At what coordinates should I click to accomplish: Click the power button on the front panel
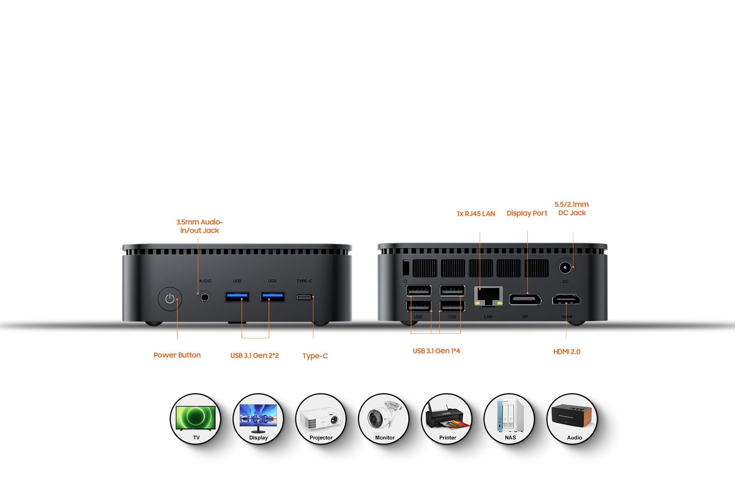click(x=170, y=299)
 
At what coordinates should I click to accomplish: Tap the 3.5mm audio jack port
click(x=205, y=297)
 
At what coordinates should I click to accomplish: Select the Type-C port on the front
click(x=304, y=297)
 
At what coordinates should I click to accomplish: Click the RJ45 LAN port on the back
click(x=488, y=296)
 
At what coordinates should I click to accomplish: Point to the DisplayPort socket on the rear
click(x=525, y=299)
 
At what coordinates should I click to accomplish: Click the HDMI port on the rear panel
click(x=566, y=299)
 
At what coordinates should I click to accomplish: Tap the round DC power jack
click(x=565, y=267)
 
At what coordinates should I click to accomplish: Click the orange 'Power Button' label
click(x=177, y=355)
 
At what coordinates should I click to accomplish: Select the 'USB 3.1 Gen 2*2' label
click(x=255, y=355)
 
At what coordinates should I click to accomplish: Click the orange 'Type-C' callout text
click(x=315, y=356)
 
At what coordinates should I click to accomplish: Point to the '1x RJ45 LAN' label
click(x=476, y=213)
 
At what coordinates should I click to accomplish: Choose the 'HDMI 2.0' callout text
click(x=566, y=351)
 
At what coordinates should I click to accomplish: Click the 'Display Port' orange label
click(x=527, y=213)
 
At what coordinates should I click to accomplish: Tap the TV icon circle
click(x=196, y=418)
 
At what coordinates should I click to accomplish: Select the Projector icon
click(x=321, y=418)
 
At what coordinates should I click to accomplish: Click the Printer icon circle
click(x=447, y=418)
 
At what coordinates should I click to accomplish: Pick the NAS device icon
click(x=510, y=418)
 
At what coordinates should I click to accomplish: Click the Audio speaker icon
click(x=572, y=418)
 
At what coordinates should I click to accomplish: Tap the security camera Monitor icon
click(x=384, y=418)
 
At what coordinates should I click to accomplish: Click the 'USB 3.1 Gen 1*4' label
click(x=436, y=351)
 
